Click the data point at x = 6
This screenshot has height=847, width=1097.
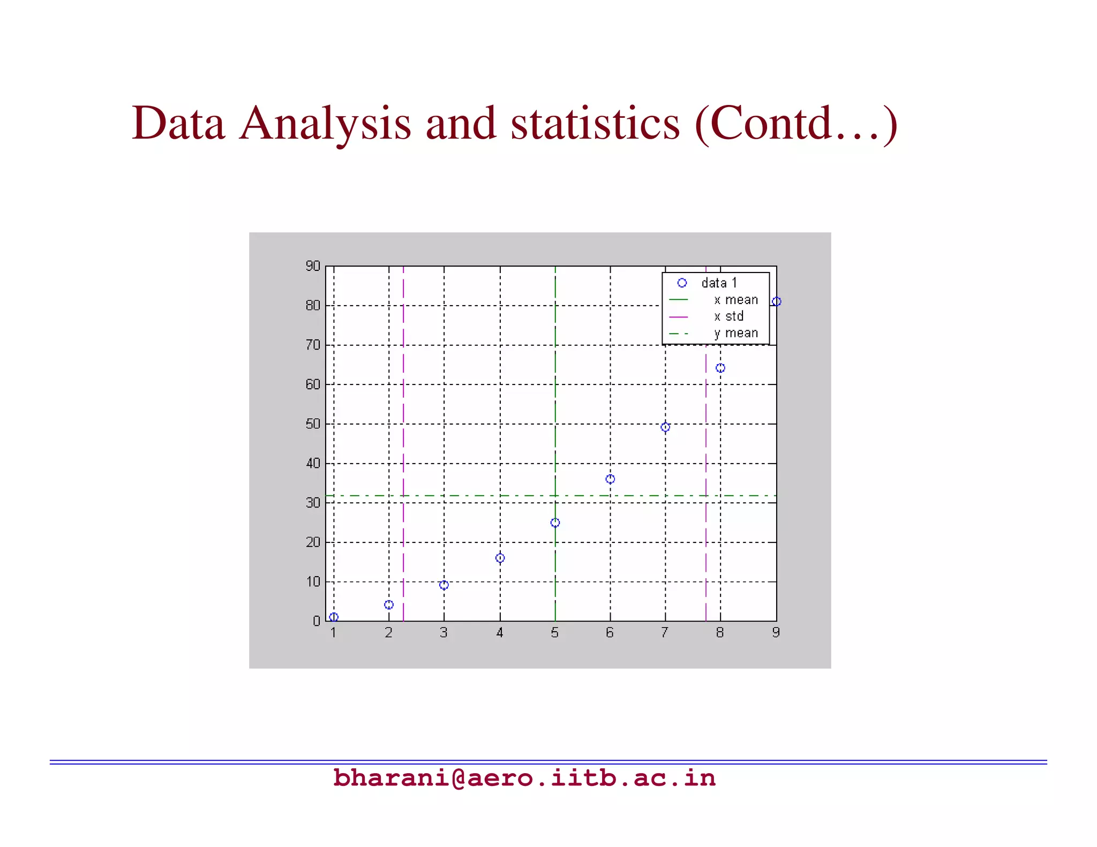(610, 479)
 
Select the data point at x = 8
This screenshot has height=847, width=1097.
(720, 368)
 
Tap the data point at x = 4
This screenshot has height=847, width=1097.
(500, 558)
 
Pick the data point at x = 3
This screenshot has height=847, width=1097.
(444, 585)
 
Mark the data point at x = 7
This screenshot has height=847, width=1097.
(665, 427)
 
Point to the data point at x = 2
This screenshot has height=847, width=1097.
(389, 604)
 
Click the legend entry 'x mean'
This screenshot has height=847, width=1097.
(736, 300)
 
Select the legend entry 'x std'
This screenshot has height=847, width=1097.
(728, 316)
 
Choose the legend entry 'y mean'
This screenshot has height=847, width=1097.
(736, 333)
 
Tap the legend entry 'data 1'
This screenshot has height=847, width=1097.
(719, 283)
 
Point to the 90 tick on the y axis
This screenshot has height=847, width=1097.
(313, 266)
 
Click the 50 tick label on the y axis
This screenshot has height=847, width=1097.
(313, 424)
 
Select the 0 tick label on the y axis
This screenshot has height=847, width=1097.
(317, 621)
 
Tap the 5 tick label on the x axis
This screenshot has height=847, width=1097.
(555, 633)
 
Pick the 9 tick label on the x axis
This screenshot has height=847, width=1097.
(776, 633)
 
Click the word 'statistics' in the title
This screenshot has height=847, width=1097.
(595, 123)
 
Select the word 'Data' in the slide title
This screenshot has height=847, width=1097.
(178, 123)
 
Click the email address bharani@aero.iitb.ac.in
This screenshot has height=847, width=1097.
(524, 778)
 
